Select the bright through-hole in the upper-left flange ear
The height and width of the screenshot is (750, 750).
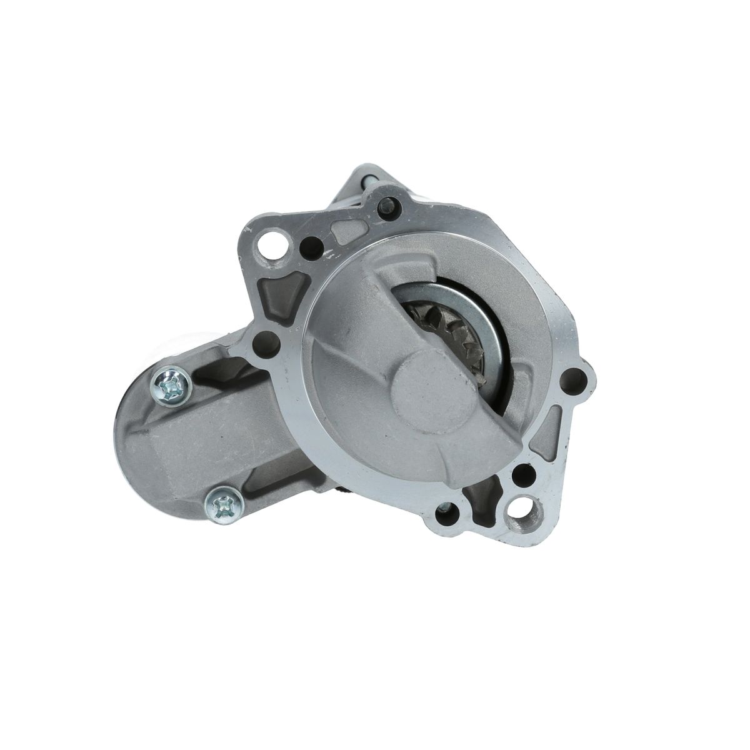pyautogui.click(x=272, y=239)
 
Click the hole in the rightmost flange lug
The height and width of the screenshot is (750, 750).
pyautogui.click(x=571, y=379)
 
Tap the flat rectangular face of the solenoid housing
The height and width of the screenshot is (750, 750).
pyautogui.click(x=187, y=444)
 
